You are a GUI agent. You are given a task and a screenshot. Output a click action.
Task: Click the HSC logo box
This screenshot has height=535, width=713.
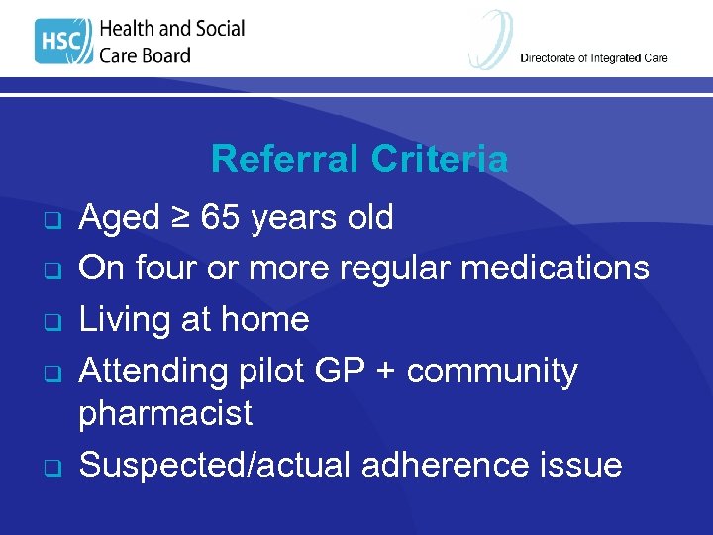[x=63, y=42]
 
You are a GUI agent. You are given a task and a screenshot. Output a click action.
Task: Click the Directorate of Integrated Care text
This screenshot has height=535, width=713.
[x=594, y=57]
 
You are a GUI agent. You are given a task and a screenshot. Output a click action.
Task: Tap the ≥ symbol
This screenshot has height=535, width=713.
[x=178, y=216]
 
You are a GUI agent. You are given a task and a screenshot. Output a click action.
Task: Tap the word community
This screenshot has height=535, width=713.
[x=492, y=371]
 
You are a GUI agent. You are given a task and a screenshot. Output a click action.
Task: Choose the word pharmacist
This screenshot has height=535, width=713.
[x=165, y=413]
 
